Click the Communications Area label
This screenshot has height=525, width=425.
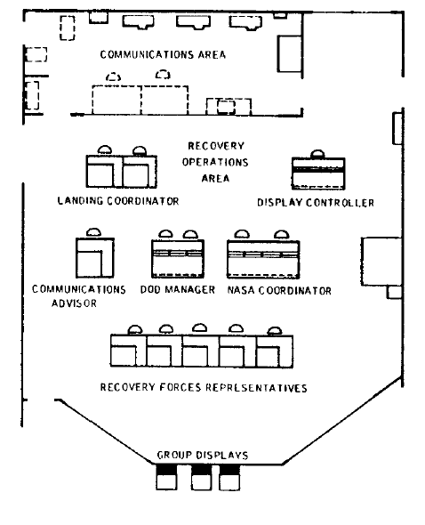pyautogui.click(x=163, y=54)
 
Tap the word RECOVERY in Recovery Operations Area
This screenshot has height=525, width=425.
pyautogui.click(x=216, y=146)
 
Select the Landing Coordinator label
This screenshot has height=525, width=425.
pyautogui.click(x=118, y=201)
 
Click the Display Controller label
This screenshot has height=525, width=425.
pyautogui.click(x=316, y=203)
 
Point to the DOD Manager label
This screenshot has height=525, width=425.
pyautogui.click(x=178, y=289)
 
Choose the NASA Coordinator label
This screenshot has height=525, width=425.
pyautogui.click(x=279, y=290)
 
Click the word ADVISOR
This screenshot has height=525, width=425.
pyautogui.click(x=74, y=303)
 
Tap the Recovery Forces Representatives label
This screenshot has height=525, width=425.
pyautogui.click(x=204, y=387)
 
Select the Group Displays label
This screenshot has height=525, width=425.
pyautogui.click(x=203, y=455)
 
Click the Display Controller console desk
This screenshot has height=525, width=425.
pyautogui.click(x=318, y=174)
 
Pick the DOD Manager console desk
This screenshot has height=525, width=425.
pyautogui.click(x=178, y=258)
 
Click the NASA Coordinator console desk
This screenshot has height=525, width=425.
pyautogui.click(x=263, y=259)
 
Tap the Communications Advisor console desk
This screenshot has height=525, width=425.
pyautogui.click(x=95, y=257)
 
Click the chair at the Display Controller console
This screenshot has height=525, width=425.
pyautogui.click(x=317, y=154)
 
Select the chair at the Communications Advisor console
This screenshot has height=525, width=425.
pyautogui.click(x=93, y=233)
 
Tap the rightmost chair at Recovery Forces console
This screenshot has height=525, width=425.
pyautogui.click(x=275, y=331)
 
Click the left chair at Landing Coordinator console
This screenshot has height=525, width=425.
pyautogui.click(x=105, y=150)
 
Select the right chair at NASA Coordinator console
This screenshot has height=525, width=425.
pyautogui.click(x=282, y=235)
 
